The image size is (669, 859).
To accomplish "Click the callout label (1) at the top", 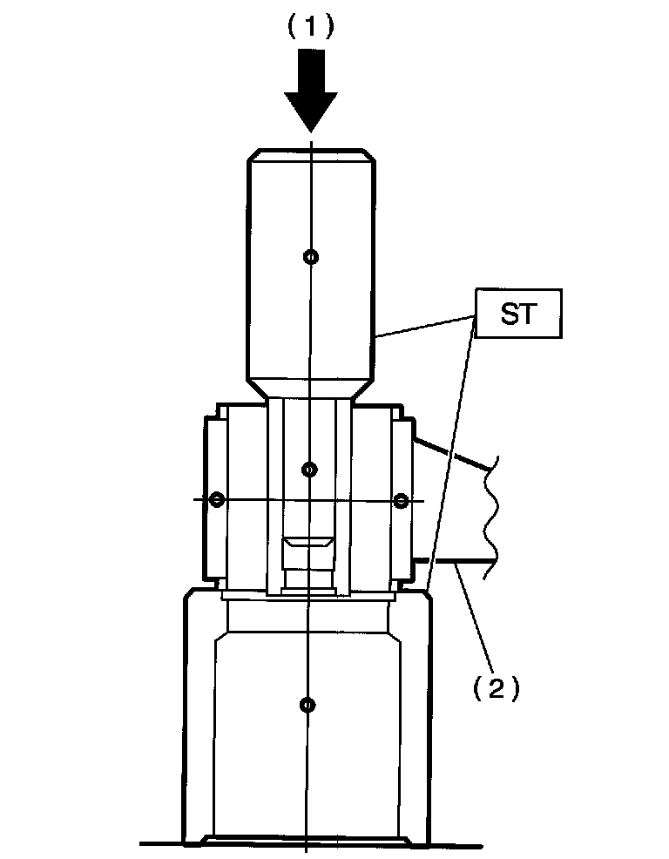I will tap(311, 27).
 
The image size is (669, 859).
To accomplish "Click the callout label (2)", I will tap(496, 689).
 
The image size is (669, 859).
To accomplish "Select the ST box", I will tap(519, 314).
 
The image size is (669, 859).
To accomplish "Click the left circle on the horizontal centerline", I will tap(217, 499).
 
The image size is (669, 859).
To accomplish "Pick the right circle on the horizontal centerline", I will tap(402, 500).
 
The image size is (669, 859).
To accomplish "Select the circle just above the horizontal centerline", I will tap(309, 470).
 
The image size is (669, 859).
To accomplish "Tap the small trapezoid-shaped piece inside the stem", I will tap(308, 544).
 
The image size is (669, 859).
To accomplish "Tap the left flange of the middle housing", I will tap(210, 498).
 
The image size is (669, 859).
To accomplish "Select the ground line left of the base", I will tap(161, 842).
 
